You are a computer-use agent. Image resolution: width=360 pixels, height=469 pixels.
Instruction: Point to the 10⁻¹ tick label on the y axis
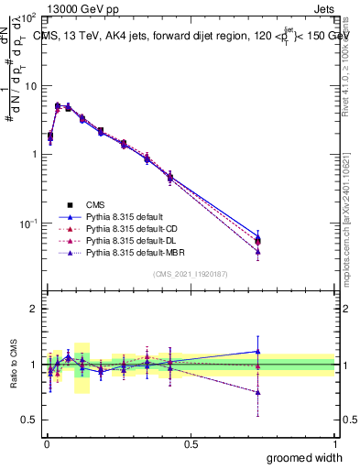pyautogui.click(x=27, y=223)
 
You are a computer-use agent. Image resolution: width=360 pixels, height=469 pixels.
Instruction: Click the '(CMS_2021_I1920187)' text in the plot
pyautogui.click(x=191, y=274)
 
